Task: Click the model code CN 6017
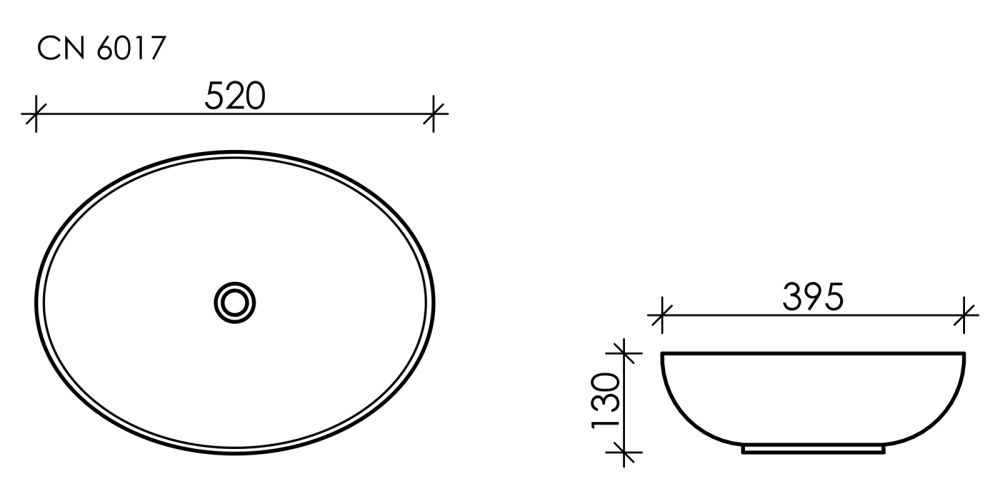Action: (101, 48)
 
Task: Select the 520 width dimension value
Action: (235, 96)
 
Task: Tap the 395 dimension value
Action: (813, 296)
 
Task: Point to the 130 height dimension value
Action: (604, 401)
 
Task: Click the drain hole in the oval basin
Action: (235, 301)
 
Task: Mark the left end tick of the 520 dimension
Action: (36, 114)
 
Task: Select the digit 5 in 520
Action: (215, 96)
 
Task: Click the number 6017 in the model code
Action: (131, 48)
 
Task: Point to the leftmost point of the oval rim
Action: (36, 300)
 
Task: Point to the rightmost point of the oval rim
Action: (435, 300)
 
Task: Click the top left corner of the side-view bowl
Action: (663, 354)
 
